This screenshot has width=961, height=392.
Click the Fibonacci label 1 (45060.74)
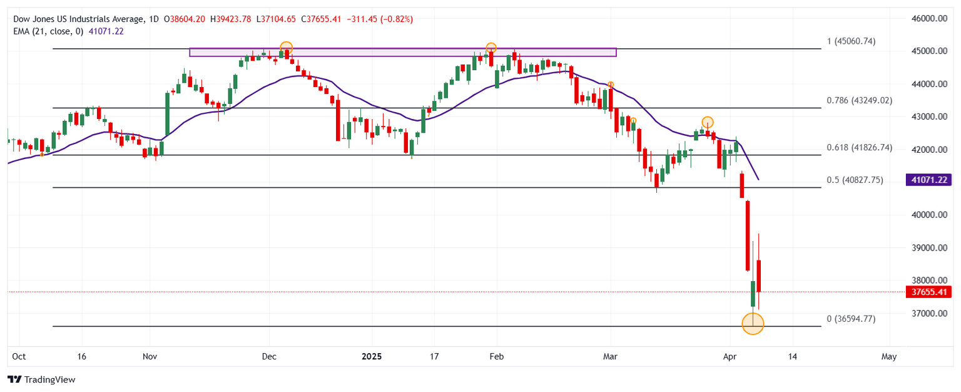click(851, 41)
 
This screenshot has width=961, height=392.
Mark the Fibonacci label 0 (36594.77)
click(851, 319)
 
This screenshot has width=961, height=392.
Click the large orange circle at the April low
click(753, 323)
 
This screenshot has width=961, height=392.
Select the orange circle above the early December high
click(286, 48)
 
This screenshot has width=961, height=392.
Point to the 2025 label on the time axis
click(372, 356)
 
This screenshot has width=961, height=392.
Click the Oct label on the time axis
click(19, 356)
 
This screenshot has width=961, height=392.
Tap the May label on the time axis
click(888, 356)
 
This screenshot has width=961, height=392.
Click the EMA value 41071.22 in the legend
click(107, 31)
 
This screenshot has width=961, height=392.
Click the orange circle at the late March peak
click(707, 122)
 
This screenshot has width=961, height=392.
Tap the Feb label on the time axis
click(496, 356)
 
